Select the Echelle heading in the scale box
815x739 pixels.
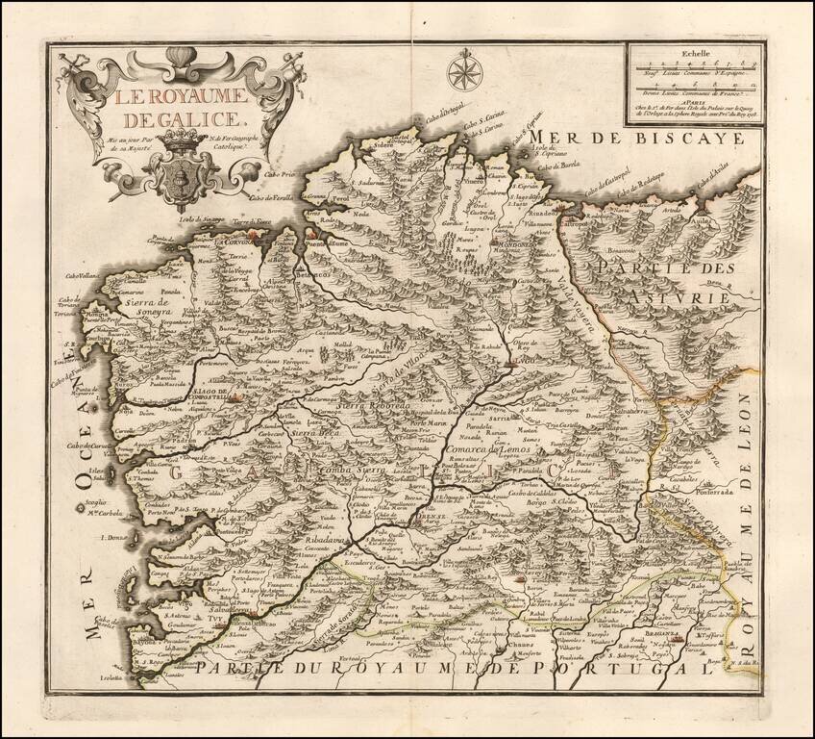click(692, 56)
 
